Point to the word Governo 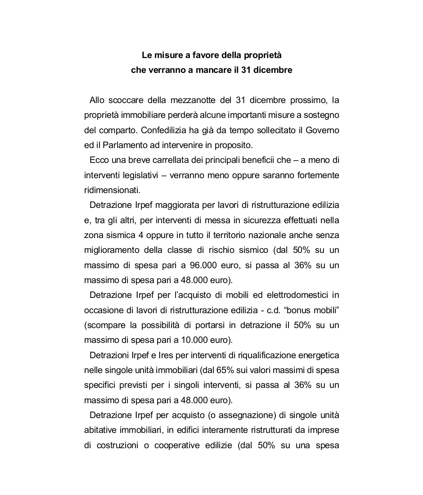[322, 130]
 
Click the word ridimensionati [106, 190]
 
